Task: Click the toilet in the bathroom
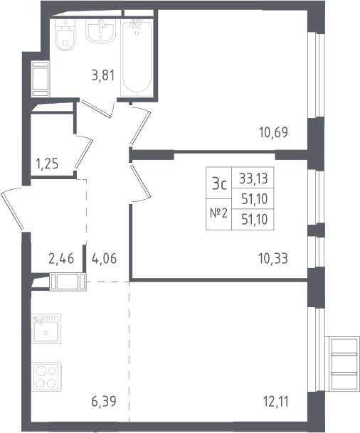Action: tap(65, 35)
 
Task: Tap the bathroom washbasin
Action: tap(100, 31)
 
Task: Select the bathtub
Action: tap(137, 58)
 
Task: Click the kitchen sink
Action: tap(46, 328)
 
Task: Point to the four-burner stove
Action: tap(46, 377)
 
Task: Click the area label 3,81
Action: tap(103, 75)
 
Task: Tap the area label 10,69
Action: tap(273, 132)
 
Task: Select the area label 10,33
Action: tap(273, 259)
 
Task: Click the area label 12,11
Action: tap(276, 402)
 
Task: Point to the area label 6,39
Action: tap(104, 401)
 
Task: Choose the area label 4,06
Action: tap(104, 259)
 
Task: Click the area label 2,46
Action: tap(61, 259)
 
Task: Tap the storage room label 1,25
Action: tap(47, 164)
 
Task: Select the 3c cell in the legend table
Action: tap(219, 183)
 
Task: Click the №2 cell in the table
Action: tap(219, 214)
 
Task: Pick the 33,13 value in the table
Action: tap(253, 178)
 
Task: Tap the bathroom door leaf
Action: tap(97, 109)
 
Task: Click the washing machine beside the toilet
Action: tap(41, 79)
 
